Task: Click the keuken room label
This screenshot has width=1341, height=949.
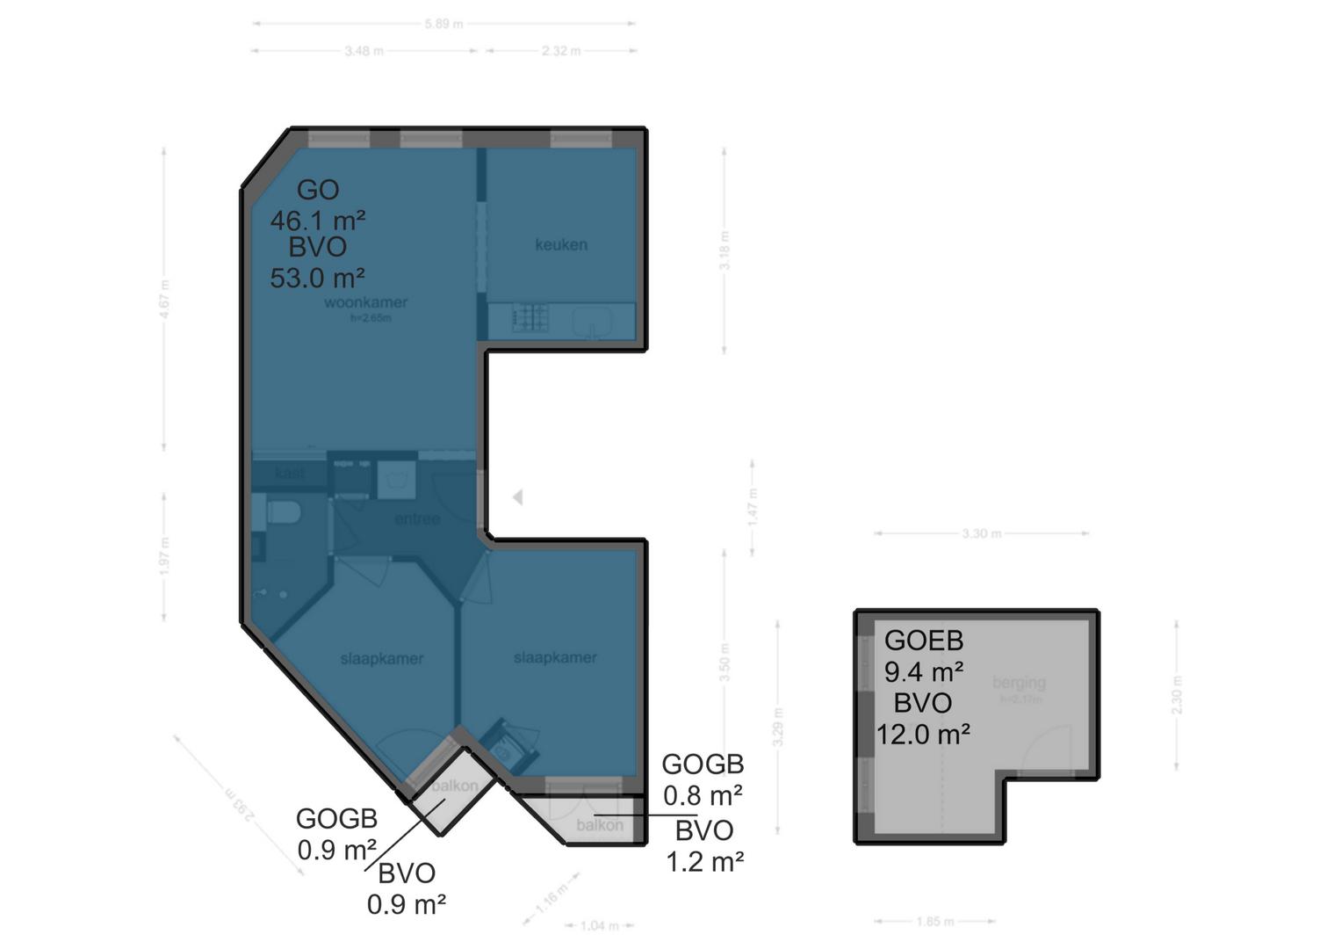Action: (x=560, y=244)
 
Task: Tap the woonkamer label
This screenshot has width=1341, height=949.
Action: (x=365, y=302)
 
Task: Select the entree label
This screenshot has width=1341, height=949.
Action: (x=416, y=519)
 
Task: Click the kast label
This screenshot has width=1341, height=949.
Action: (x=289, y=474)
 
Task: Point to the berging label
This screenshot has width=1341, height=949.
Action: (x=1019, y=682)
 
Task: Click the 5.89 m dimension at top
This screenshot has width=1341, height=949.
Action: (x=443, y=24)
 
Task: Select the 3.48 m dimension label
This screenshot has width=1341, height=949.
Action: (x=364, y=51)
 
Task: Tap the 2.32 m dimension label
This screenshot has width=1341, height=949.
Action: (x=560, y=51)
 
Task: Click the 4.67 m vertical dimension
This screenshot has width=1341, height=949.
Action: (x=164, y=299)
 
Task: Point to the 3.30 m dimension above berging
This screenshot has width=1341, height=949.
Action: (x=981, y=533)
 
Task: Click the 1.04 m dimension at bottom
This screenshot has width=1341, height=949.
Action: (x=600, y=925)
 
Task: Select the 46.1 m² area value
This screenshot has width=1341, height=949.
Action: (x=317, y=219)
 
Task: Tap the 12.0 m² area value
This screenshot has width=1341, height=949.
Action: (x=922, y=733)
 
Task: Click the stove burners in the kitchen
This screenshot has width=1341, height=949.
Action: (x=530, y=317)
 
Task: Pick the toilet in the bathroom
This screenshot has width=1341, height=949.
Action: (x=283, y=511)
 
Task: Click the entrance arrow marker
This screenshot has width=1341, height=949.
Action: (x=517, y=497)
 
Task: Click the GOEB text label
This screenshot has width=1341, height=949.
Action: (x=923, y=641)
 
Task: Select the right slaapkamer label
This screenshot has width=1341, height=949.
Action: (x=555, y=657)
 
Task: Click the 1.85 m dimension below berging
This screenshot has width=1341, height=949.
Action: (x=934, y=922)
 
